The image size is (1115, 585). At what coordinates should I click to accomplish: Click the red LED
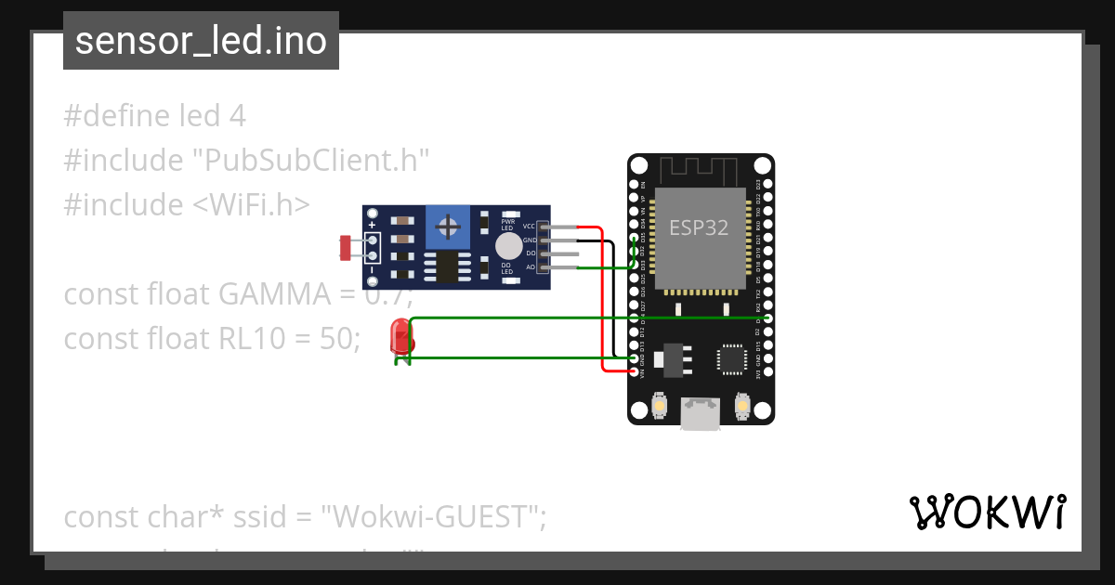click(401, 336)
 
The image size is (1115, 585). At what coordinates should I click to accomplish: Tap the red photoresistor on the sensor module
click(346, 248)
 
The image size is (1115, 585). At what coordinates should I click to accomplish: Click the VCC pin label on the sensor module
click(529, 227)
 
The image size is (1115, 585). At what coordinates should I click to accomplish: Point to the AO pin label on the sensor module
click(530, 267)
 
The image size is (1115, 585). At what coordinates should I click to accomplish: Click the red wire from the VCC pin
click(602, 297)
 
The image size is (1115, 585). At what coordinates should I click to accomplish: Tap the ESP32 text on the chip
click(699, 227)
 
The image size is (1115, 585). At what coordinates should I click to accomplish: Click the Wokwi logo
click(986, 512)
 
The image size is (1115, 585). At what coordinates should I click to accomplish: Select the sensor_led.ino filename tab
click(201, 41)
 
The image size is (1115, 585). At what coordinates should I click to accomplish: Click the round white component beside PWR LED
click(507, 245)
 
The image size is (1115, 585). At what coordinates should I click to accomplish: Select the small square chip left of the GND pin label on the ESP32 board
click(731, 358)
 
